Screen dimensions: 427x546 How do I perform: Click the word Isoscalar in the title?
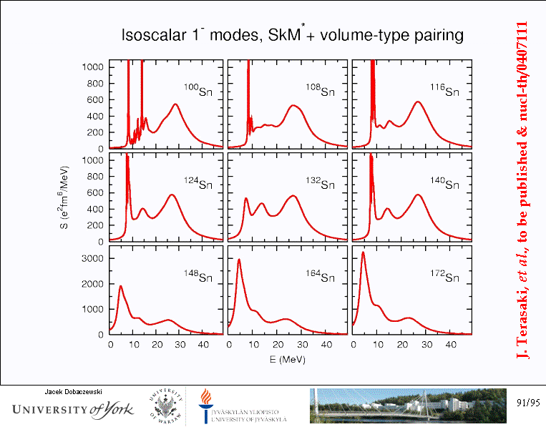click(151, 35)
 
